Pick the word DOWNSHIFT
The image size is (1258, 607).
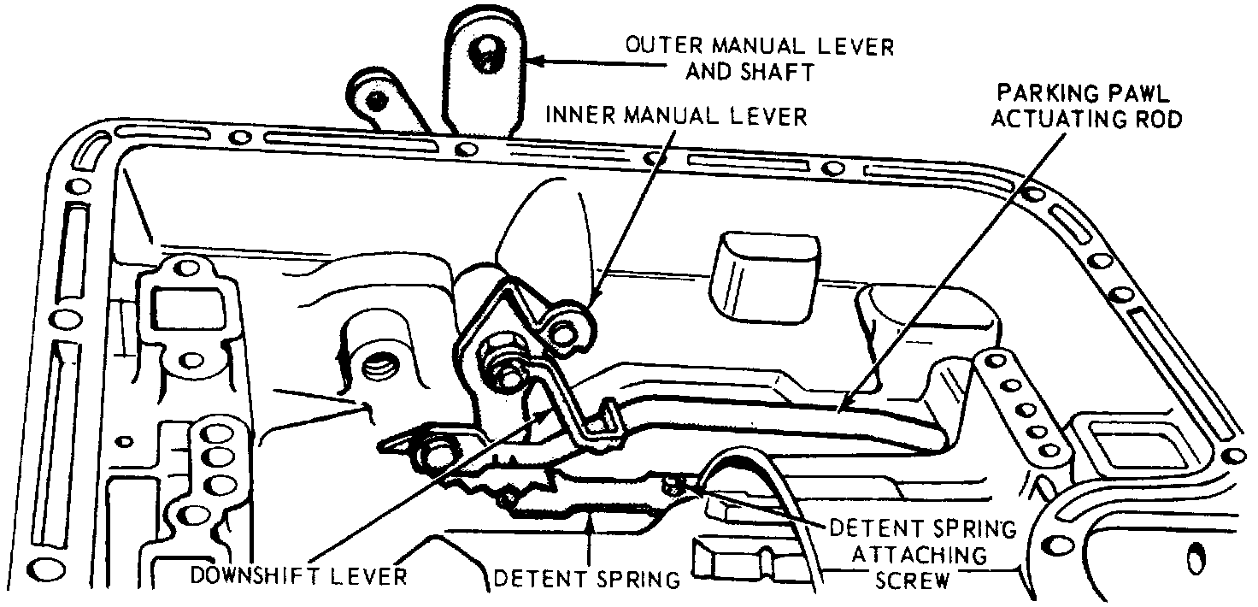pos(262,575)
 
